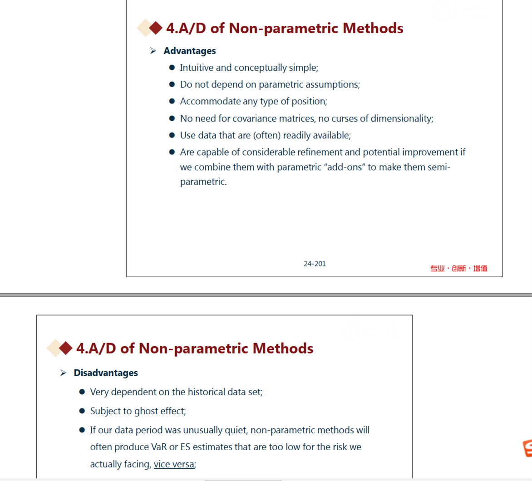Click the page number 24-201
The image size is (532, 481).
315,264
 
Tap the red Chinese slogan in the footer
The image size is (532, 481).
458,268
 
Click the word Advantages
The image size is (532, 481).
189,51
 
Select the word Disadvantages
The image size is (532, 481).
106,373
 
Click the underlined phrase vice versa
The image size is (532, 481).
174,464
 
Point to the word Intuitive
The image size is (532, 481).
197,68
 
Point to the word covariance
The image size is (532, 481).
256,118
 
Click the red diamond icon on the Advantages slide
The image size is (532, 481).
156,28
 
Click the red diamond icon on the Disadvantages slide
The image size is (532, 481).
66,348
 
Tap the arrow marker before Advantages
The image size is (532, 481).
153,51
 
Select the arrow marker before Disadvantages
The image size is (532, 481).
63,373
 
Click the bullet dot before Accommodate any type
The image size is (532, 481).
172,101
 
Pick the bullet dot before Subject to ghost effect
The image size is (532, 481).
82,411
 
